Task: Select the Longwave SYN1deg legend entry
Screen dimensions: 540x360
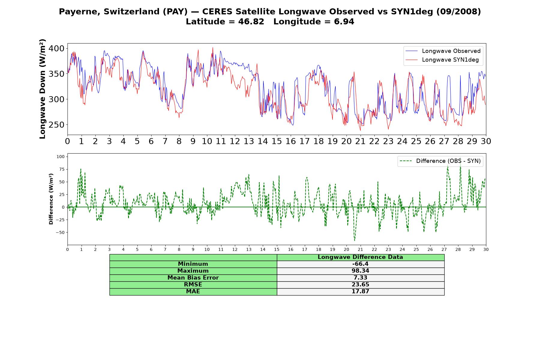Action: [442, 60]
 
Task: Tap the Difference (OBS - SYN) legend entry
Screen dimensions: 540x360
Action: [440, 161]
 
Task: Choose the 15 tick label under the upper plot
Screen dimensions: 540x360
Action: [277, 141]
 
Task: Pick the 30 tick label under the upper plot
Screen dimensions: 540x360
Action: [486, 141]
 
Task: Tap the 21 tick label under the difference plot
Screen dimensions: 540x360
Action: [360, 250]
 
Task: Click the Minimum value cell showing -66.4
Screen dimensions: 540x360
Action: [360, 264]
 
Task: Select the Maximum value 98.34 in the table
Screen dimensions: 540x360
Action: [360, 271]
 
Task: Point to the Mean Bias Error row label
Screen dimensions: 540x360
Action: [193, 278]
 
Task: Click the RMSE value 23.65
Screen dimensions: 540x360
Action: [360, 285]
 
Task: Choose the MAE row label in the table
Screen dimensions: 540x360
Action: [193, 292]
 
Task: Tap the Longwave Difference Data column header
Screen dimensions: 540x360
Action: [360, 257]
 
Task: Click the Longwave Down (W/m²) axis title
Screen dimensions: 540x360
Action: [43, 89]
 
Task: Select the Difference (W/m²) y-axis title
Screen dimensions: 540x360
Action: [51, 199]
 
